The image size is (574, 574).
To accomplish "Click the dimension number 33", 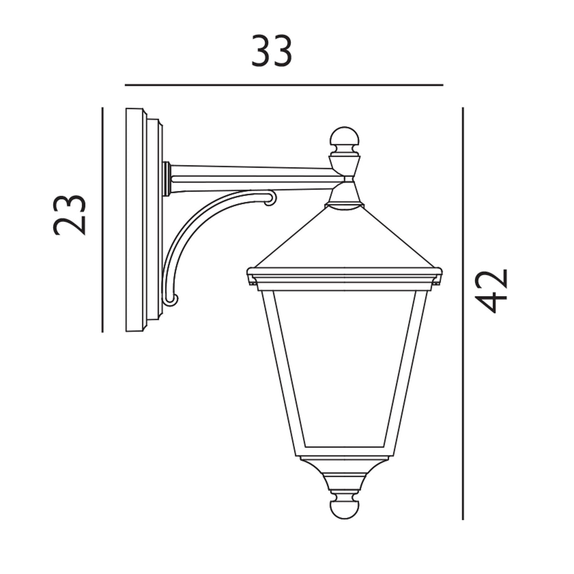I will click(x=272, y=52).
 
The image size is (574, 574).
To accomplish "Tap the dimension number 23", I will click(x=70, y=215).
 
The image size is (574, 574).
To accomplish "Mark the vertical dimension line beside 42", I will click(x=463, y=313).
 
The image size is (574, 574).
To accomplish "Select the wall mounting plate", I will click(x=136, y=220).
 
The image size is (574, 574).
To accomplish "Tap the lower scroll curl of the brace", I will click(x=171, y=300).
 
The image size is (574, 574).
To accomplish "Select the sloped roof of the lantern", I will click(x=344, y=239).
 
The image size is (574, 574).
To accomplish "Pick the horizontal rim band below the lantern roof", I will click(x=344, y=277).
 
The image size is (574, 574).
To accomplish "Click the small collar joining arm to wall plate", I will click(x=166, y=179).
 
